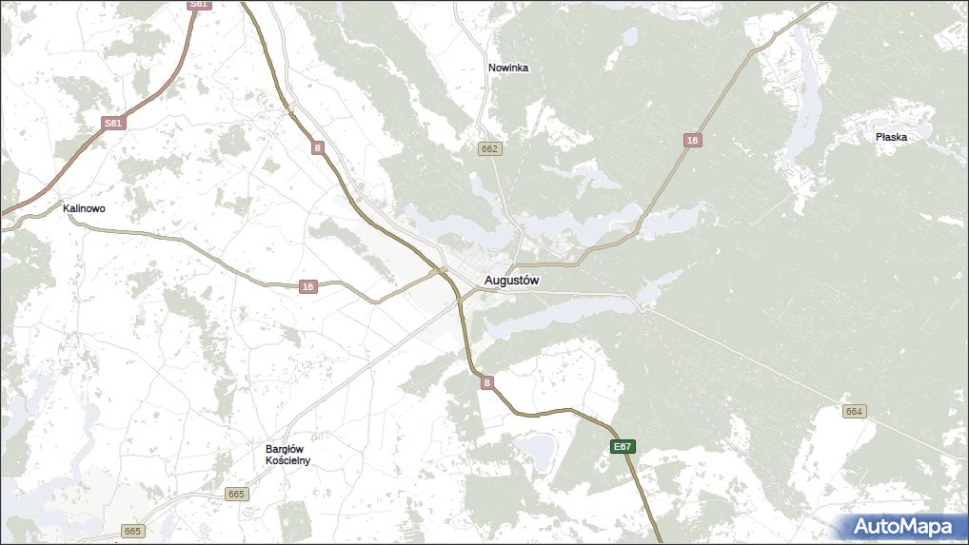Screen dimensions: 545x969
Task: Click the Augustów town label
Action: [x=512, y=281]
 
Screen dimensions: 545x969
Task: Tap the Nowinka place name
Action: [x=508, y=68]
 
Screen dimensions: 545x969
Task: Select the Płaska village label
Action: [x=891, y=137]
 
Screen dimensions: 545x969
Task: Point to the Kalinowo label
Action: [x=84, y=208]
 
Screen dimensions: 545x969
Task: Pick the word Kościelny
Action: [x=287, y=461]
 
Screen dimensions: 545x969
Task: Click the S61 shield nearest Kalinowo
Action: [x=113, y=124]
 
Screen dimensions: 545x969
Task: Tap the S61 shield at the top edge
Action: [x=198, y=5]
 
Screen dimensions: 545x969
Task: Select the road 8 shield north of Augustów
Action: [x=317, y=147]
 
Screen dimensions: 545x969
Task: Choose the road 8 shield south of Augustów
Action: [x=487, y=383]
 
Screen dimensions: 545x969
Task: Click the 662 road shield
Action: [x=489, y=149]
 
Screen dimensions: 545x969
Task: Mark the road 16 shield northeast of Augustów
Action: [x=692, y=141]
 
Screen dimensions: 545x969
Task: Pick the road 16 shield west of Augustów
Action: [x=307, y=286]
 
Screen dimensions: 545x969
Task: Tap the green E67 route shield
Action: [x=623, y=446]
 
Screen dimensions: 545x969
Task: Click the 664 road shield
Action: [x=853, y=411]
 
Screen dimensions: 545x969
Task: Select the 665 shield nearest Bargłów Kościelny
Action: [x=236, y=494]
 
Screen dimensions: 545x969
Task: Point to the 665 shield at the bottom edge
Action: [x=132, y=531]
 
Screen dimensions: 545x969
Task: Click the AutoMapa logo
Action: [x=901, y=526]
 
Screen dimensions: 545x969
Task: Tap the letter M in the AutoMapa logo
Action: [x=910, y=526]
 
